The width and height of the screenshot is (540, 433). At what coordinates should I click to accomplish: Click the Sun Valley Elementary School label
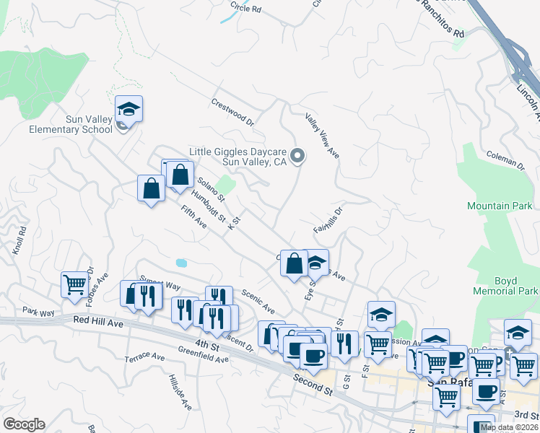click(x=70, y=124)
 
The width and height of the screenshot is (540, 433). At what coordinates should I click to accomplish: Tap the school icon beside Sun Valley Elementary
click(x=129, y=110)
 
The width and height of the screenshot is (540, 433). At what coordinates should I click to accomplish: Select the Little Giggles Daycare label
click(x=238, y=157)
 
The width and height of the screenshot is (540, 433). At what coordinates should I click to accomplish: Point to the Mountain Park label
click(x=499, y=206)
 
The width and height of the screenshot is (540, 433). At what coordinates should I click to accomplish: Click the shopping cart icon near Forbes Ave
click(x=75, y=284)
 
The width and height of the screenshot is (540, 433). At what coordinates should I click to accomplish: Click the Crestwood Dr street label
click(x=233, y=111)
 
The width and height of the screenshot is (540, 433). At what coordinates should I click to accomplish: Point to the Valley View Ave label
click(x=322, y=136)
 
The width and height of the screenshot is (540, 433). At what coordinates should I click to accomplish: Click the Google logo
click(x=24, y=424)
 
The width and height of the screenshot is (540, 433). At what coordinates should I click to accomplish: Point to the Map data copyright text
click(x=510, y=427)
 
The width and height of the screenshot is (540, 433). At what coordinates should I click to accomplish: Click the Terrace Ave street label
click(x=144, y=357)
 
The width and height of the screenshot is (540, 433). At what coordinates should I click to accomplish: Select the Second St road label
click(x=313, y=385)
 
